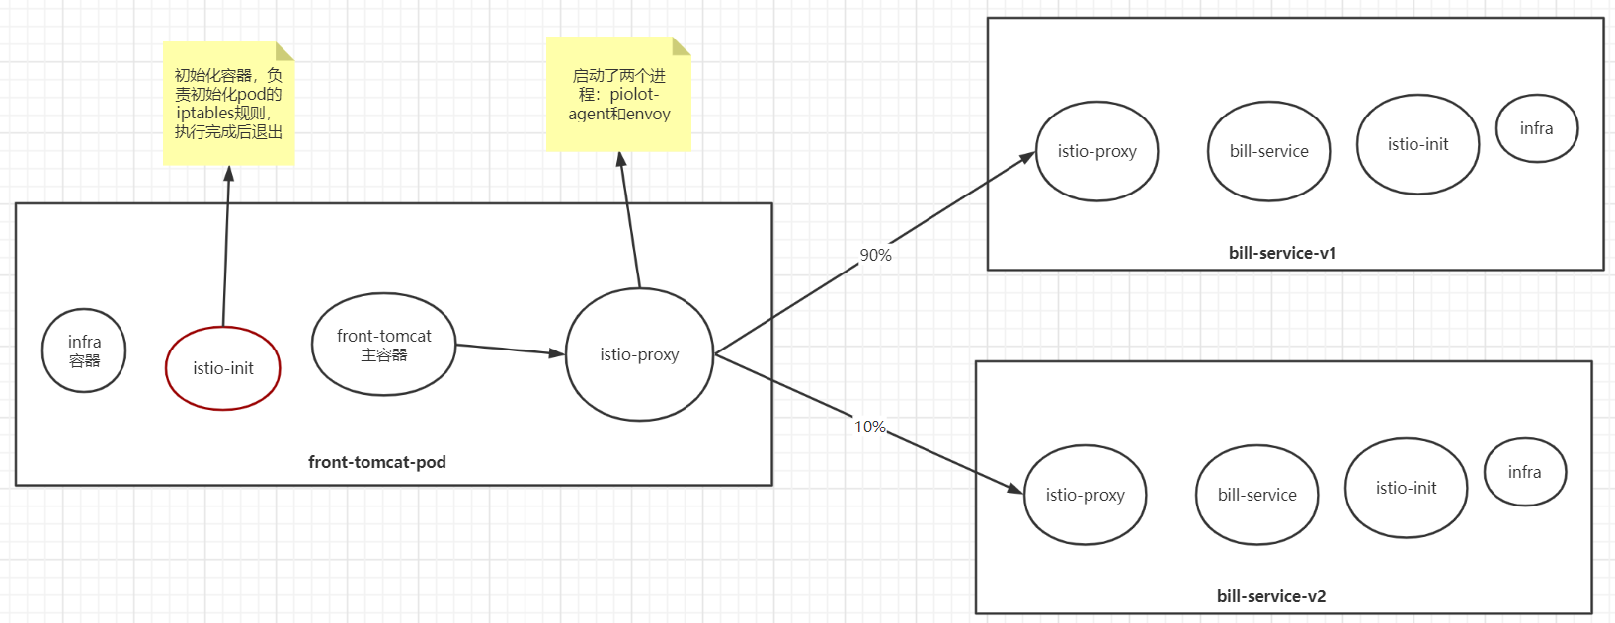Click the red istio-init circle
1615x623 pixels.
[223, 368]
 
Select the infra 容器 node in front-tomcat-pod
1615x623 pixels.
[84, 350]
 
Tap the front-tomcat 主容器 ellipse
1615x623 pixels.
[384, 345]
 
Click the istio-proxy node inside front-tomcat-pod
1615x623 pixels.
[639, 354]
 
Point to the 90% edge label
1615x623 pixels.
[875, 255]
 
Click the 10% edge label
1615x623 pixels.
[869, 427]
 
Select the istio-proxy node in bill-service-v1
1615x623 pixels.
[1096, 151]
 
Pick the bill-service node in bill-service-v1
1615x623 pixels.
[1268, 151]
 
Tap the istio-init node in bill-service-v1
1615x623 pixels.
[1417, 144]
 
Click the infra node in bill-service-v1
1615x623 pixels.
[1536, 128]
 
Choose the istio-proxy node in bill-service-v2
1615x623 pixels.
[1085, 495]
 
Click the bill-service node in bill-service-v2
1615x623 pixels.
[1256, 495]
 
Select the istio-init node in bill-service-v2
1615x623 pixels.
[1406, 488]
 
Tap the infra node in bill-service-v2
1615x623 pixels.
[1524, 472]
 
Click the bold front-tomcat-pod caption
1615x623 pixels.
[377, 462]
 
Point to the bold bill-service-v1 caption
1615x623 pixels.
[1282, 253]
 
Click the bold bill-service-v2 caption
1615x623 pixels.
[1271, 596]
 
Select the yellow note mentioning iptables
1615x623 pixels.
[228, 103]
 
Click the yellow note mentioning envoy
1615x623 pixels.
[618, 95]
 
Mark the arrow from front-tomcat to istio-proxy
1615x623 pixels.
[509, 349]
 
